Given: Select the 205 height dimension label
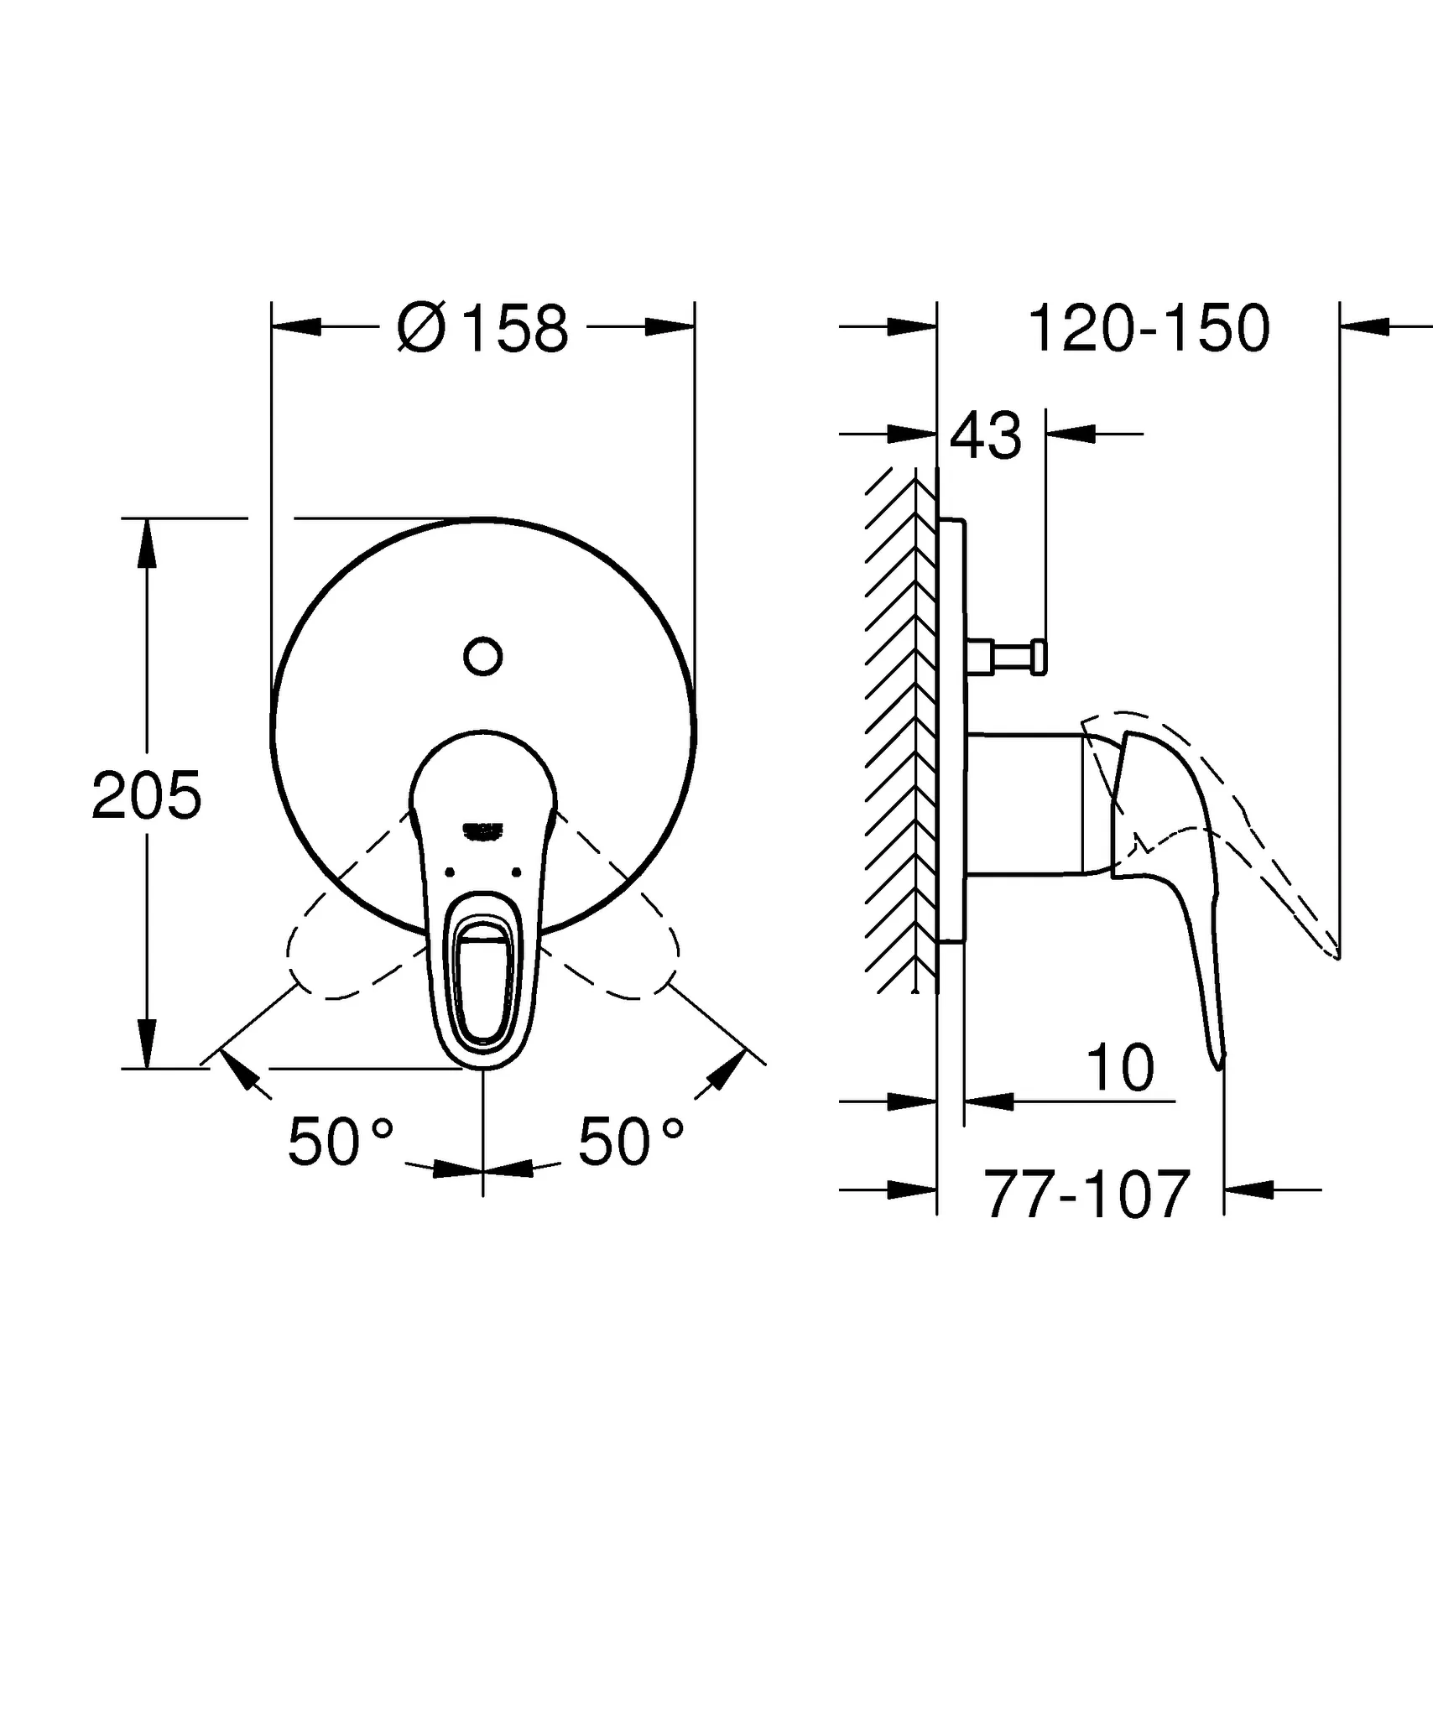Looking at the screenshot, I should [x=147, y=795].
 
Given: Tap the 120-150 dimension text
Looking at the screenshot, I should [x=1149, y=328].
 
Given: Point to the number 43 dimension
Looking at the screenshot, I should [x=986, y=435].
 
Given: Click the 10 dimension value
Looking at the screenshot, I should [x=1120, y=1068].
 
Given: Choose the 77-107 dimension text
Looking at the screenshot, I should [x=1087, y=1195].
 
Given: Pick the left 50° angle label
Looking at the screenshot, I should [x=340, y=1142].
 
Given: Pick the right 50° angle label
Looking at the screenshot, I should [x=631, y=1142].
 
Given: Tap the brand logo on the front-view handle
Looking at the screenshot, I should [x=483, y=830].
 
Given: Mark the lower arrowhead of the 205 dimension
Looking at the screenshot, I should [x=147, y=1044].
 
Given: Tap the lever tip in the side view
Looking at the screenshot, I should [x=1219, y=1061].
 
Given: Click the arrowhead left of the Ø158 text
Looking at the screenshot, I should [x=298, y=327].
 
